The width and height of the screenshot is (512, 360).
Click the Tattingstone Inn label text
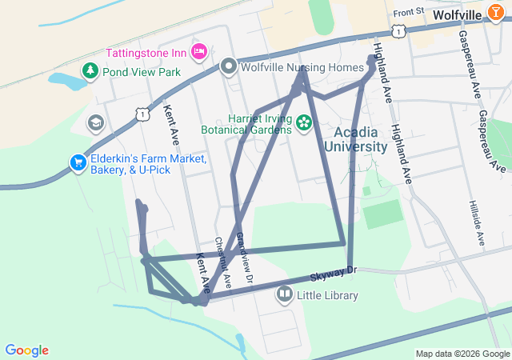(146, 53)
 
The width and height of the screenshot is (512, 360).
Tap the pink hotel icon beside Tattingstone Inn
(198, 52)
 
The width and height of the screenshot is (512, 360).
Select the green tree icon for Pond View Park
(90, 72)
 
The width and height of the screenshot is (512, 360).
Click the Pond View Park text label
(141, 72)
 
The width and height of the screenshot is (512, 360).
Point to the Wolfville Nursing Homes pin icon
(229, 67)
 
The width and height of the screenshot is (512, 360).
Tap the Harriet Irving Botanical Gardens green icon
(304, 122)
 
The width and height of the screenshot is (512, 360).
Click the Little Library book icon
(284, 295)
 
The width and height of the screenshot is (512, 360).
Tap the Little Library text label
(327, 295)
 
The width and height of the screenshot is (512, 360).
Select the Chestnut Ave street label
(222, 263)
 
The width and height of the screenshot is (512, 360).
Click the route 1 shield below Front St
(398, 30)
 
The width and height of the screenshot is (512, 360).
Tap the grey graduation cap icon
(96, 122)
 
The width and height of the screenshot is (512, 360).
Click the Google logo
(26, 350)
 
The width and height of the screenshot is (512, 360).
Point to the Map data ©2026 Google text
(462, 354)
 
